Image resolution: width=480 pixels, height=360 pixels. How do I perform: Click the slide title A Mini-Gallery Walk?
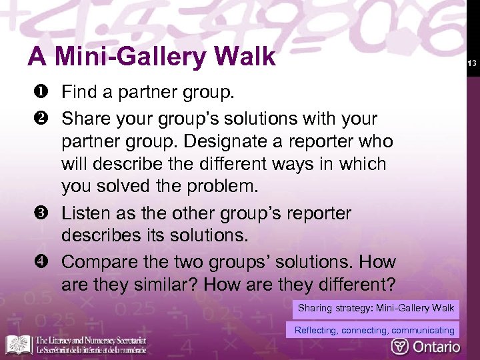(x=151, y=57)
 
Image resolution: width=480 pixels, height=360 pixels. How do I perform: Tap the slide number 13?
(x=470, y=64)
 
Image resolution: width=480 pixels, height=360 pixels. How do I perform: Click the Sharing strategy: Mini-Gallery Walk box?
(x=376, y=308)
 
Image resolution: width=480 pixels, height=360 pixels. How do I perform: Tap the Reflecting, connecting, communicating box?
(x=374, y=330)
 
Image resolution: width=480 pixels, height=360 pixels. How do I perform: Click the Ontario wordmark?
(x=436, y=346)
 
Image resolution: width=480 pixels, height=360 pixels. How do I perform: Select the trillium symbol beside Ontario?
(x=400, y=346)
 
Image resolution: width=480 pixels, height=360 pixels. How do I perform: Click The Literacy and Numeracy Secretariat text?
(x=91, y=345)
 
